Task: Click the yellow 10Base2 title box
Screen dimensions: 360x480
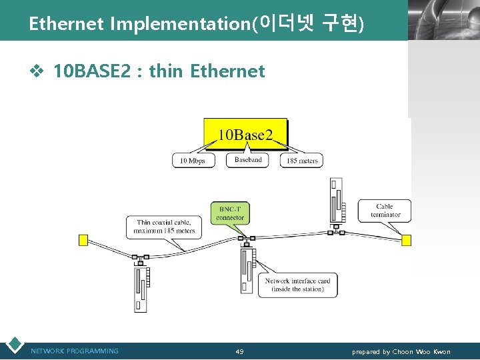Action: pos(245,135)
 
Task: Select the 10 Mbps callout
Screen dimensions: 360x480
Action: pos(194,161)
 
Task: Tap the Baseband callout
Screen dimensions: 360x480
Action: pos(248,160)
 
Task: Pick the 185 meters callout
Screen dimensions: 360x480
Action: pos(301,161)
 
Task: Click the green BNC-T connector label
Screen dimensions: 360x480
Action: pos(231,213)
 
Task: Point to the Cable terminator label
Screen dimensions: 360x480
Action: pos(385,211)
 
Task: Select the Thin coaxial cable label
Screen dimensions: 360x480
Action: pos(164,227)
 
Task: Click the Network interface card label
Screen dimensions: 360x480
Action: pos(297,285)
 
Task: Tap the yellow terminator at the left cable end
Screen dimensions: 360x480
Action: pos(83,240)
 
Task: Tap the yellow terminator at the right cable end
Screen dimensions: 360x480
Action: pos(406,239)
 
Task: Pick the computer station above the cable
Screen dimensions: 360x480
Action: pos(336,199)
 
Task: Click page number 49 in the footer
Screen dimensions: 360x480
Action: pos(239,352)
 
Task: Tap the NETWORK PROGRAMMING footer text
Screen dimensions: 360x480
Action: pos(75,351)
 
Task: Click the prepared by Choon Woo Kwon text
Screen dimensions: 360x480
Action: pos(401,352)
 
